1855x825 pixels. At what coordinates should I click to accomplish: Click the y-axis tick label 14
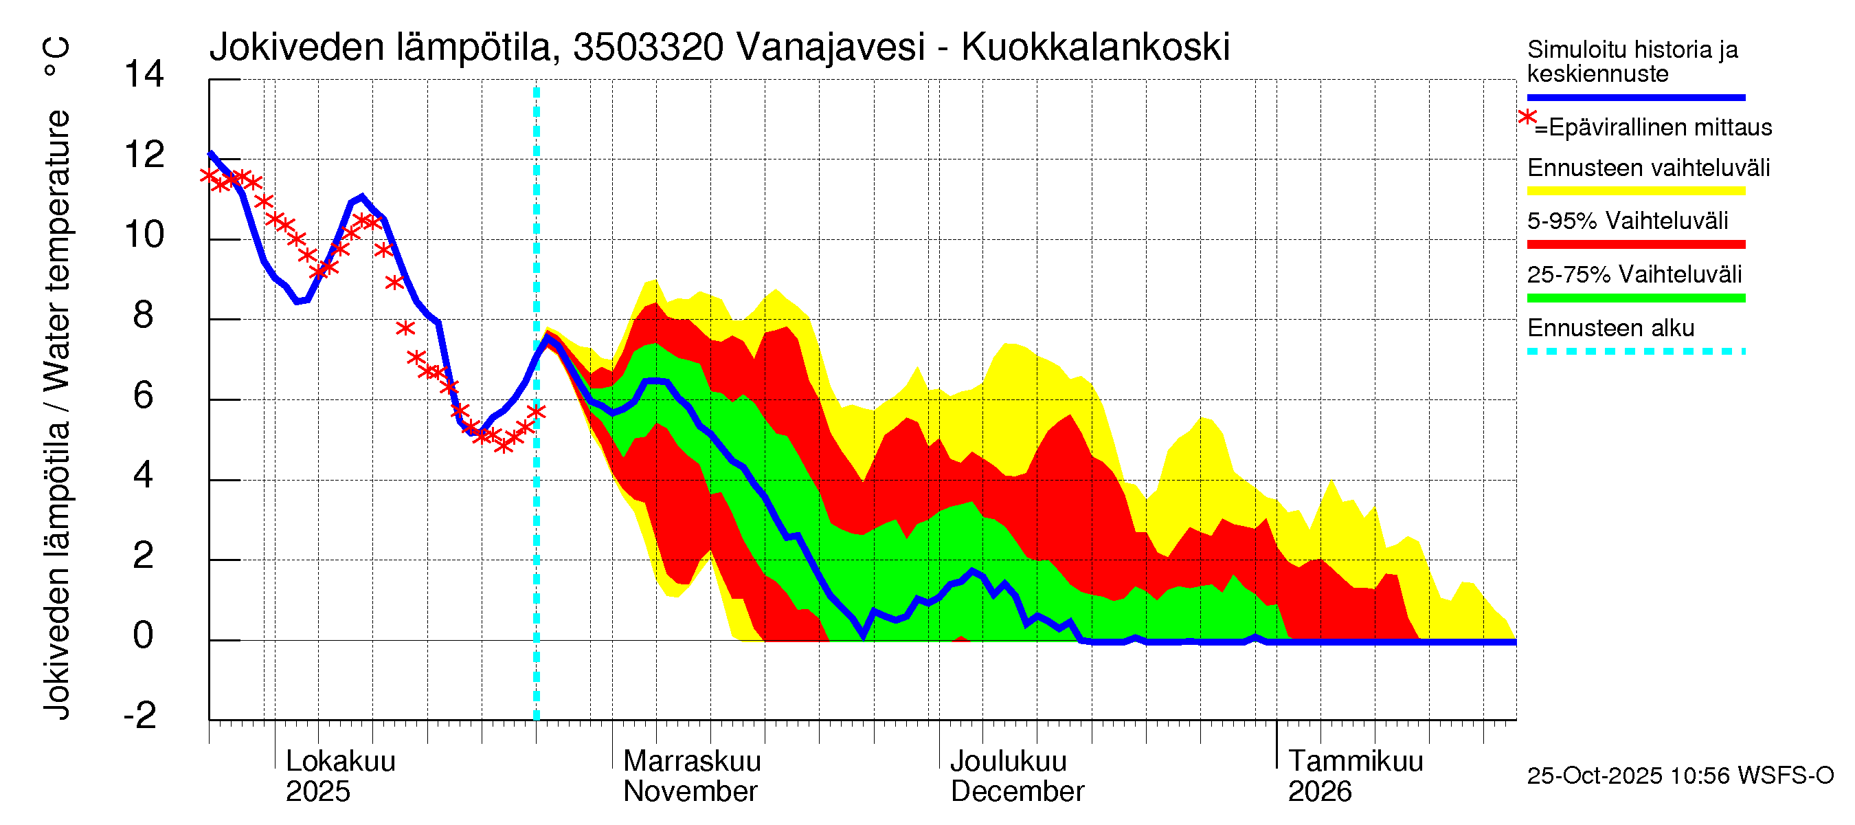coord(144,74)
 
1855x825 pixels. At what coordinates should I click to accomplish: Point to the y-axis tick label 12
coord(144,155)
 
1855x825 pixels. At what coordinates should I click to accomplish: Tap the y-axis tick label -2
coord(140,716)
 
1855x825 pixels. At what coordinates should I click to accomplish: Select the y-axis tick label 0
coord(144,635)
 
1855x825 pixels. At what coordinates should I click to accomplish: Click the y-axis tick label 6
coord(144,395)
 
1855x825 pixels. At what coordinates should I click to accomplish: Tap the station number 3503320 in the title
coord(648,47)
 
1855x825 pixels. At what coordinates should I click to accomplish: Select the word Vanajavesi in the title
coord(831,47)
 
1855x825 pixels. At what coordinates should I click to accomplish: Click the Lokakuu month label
coord(341,762)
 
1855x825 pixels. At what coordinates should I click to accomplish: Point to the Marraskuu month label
coord(692,762)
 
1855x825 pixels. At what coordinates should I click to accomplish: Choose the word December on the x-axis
coord(1017,792)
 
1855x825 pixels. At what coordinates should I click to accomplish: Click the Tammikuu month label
coord(1356,762)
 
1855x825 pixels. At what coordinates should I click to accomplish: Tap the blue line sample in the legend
coord(1635,97)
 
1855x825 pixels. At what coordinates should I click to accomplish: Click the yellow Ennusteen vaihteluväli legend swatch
coord(1635,191)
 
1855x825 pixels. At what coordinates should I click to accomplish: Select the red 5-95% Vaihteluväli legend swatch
coord(1635,244)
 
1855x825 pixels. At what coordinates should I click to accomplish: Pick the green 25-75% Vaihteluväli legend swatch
coord(1635,298)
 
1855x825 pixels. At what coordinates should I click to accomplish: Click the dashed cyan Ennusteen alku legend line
coord(1635,351)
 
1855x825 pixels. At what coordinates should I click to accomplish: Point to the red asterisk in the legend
coord(1527,118)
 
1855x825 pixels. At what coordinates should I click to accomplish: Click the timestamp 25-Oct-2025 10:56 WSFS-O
coord(1680,776)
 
